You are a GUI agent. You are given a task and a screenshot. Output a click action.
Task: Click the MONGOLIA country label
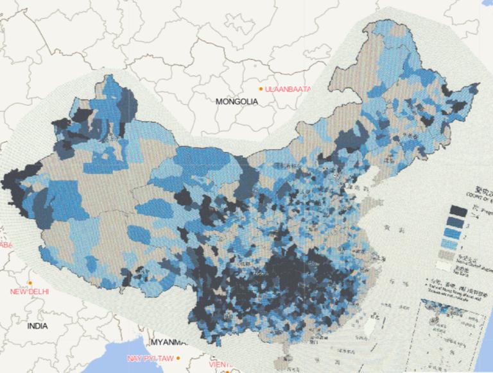coord(236,101)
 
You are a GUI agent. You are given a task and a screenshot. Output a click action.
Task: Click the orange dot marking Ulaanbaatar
coord(261,88)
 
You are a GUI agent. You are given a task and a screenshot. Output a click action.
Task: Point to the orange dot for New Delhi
coord(30,283)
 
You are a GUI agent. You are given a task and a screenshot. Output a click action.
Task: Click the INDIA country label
coord(37,326)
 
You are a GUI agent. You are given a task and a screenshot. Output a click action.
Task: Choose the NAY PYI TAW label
coord(150,358)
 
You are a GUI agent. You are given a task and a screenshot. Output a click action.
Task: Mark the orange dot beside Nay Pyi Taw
coord(179,358)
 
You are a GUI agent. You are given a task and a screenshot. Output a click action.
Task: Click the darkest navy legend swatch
coord(458,210)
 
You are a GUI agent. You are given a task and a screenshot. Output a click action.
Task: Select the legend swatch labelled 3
coord(458,222)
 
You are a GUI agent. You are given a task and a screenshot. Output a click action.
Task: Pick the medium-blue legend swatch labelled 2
coord(458,233)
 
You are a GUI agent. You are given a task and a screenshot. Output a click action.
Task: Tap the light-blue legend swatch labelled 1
coord(458,245)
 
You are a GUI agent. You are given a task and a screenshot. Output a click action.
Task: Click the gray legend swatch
coord(458,255)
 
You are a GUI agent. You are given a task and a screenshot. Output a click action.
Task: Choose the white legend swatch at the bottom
coord(458,264)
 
